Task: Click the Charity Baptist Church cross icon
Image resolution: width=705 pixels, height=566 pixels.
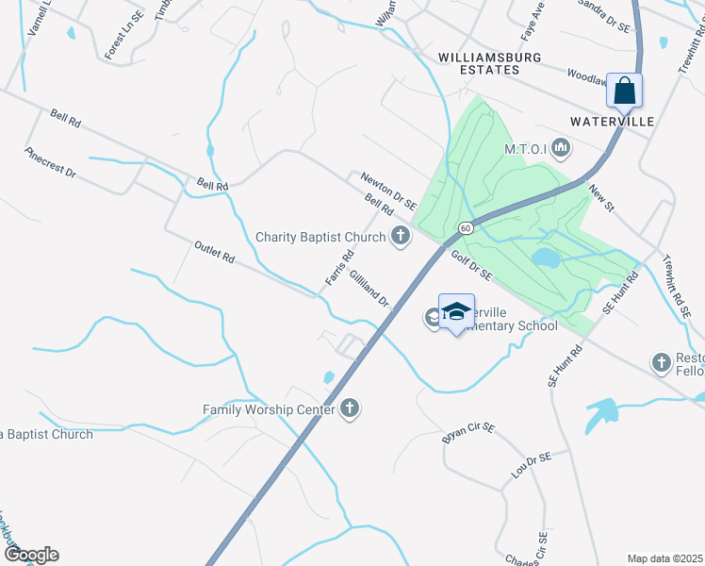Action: [x=401, y=237]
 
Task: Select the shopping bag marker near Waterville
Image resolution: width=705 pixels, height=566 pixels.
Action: [x=624, y=92]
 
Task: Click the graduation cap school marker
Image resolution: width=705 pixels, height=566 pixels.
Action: [x=456, y=312]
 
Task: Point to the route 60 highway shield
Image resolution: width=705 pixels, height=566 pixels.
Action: [x=466, y=228]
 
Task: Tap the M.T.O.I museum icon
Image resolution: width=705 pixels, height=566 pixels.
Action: [x=562, y=147]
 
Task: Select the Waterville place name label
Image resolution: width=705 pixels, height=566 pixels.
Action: [x=612, y=122]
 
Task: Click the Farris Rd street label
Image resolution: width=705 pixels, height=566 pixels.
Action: [x=339, y=268]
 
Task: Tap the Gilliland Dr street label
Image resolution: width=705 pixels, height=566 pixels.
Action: [x=369, y=287]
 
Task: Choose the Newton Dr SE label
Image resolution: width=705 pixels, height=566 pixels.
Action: [x=388, y=191]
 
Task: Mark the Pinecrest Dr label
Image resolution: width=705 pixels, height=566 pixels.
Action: [x=50, y=162]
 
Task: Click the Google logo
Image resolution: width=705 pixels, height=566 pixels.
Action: [x=30, y=555]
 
